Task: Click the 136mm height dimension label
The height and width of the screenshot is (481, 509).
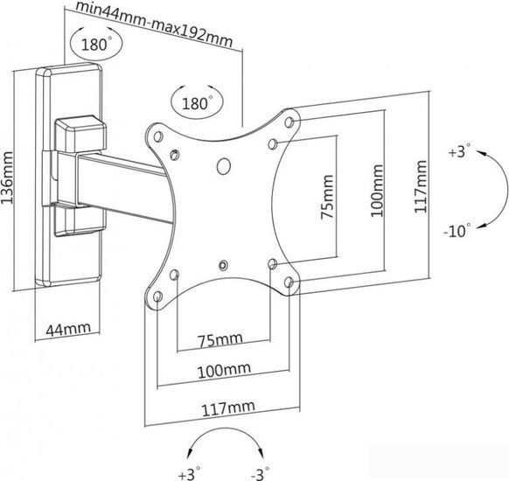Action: point(7,178)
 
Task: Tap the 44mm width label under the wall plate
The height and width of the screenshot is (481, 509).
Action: point(68,329)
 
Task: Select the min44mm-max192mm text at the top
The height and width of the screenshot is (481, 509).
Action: point(154,24)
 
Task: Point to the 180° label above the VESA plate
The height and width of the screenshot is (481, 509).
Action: point(198,103)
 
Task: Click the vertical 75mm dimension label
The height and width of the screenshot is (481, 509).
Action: point(327,197)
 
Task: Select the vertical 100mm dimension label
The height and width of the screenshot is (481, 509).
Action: point(377,191)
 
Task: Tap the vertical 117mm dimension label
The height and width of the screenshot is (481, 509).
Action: point(421,186)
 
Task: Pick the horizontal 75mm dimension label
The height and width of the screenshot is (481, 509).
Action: point(220,340)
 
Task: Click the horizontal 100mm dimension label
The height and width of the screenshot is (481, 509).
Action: point(224,370)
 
